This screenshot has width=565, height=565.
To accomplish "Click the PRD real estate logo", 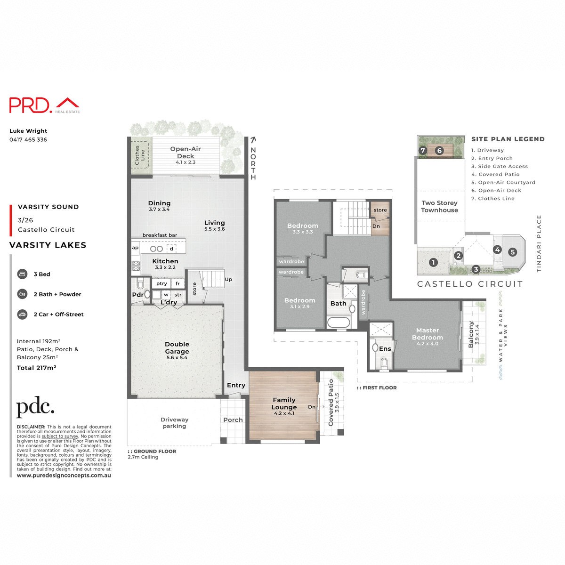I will click(x=44, y=105).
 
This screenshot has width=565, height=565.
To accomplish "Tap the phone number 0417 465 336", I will click(x=28, y=140).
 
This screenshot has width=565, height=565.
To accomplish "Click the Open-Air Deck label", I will click(x=186, y=153).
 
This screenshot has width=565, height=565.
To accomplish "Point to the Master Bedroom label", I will click(x=427, y=334).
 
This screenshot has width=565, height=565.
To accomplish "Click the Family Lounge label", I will click(x=284, y=404).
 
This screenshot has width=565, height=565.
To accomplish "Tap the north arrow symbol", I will click(x=253, y=140).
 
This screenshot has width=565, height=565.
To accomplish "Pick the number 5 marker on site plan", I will click(x=513, y=252).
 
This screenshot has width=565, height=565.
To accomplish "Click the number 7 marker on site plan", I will click(x=423, y=151).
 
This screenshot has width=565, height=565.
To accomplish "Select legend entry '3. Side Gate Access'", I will click(x=500, y=167).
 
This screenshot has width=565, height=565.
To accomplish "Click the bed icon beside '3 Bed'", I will click(x=22, y=274).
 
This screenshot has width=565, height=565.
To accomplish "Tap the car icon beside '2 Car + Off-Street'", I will click(x=22, y=314).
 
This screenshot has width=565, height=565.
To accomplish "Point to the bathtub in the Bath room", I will click(x=338, y=323).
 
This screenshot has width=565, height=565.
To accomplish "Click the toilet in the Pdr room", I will click(x=140, y=284).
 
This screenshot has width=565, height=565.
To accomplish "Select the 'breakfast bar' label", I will click(x=160, y=235).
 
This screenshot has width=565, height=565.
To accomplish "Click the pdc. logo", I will click(x=35, y=407).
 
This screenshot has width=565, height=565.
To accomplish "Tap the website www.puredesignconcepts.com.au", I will click(x=64, y=476).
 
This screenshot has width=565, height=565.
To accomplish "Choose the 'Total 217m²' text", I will click(x=37, y=368).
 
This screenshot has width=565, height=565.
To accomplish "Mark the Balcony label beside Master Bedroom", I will click(x=471, y=335).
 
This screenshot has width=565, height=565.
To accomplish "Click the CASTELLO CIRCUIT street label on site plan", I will click(x=470, y=284).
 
